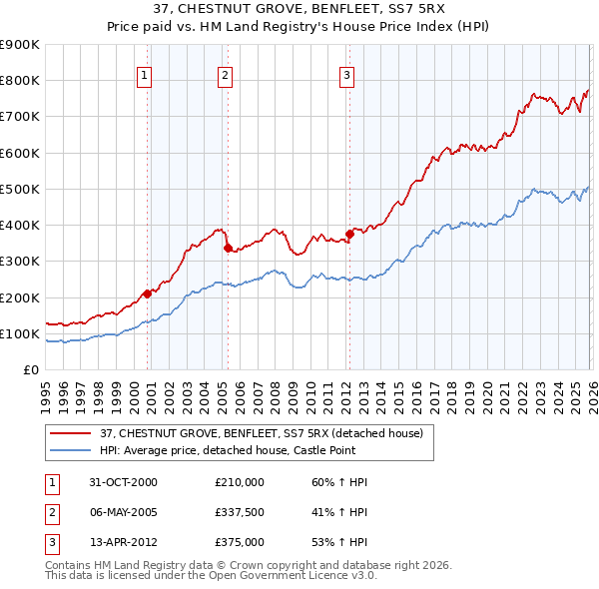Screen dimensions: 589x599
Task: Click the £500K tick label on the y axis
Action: pos(19,189)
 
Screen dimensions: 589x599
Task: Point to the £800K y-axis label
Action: pos(19,81)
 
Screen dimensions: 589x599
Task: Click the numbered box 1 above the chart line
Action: pos(145,74)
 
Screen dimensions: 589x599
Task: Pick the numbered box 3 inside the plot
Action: pos(346,74)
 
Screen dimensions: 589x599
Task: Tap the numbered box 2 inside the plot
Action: pos(226,74)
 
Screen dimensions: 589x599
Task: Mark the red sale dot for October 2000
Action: pos(147,294)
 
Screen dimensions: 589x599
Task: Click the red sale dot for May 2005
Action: pos(227,248)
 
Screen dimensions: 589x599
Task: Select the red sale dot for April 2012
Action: pos(349,234)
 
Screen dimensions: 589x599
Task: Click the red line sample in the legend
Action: pos(72,433)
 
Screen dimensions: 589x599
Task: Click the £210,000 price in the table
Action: pos(239,482)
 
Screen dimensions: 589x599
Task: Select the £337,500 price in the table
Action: pos(239,512)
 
